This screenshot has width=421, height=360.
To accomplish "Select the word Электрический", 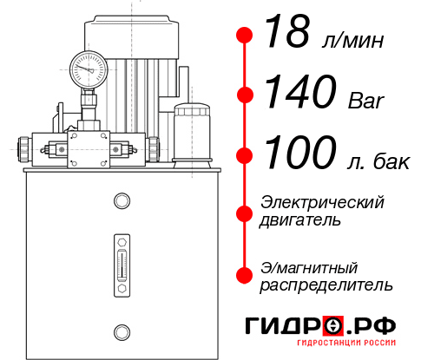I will pyautogui.click(x=321, y=202).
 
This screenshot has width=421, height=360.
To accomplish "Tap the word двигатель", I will pyautogui.click(x=300, y=220).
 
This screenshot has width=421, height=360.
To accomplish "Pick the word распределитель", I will pyautogui.click(x=326, y=285).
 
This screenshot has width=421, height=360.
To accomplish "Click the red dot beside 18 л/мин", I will pyautogui.click(x=246, y=36).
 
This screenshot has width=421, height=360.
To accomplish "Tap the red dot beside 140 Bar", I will pyautogui.click(x=246, y=95).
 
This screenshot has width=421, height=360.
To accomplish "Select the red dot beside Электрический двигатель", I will pyautogui.click(x=246, y=213).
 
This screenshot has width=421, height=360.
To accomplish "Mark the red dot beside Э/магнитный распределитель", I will pyautogui.click(x=246, y=275).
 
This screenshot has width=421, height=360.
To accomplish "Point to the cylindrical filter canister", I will pyautogui.click(x=190, y=130).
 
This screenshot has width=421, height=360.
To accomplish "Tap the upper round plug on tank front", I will pyautogui.click(x=121, y=203).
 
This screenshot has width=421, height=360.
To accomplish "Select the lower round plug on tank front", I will pyautogui.click(x=121, y=331).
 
